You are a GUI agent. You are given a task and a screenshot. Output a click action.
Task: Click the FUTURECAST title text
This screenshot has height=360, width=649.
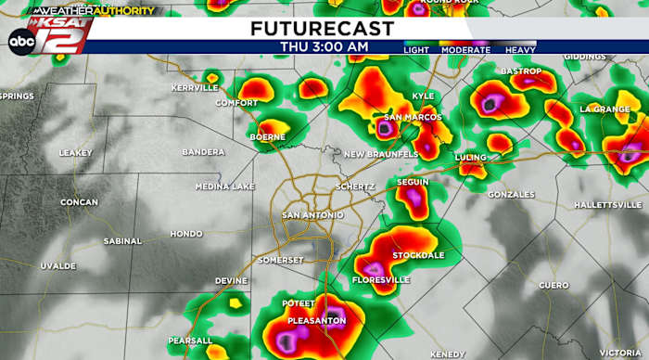322,29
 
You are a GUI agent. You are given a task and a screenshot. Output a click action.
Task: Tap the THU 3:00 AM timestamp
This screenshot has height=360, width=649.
324,46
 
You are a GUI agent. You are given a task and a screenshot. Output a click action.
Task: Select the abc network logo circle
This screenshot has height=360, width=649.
20,40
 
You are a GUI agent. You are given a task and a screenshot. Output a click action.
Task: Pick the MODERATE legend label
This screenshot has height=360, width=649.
465,48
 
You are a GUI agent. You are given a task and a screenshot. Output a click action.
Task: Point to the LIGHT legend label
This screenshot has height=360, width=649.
417,48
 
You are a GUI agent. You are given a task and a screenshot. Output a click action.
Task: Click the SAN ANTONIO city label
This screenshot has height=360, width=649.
312,215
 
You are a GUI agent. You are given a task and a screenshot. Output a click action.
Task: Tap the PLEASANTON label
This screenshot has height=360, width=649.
316,320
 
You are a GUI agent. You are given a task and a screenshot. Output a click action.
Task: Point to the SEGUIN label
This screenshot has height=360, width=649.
413,182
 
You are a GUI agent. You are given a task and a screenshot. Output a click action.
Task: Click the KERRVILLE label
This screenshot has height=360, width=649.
195,87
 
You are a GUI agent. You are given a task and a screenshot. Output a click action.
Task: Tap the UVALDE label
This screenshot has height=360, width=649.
57,265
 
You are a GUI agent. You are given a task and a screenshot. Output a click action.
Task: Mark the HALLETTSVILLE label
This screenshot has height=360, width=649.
607,204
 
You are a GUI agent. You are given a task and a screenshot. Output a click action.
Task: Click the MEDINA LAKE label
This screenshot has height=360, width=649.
224,186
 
